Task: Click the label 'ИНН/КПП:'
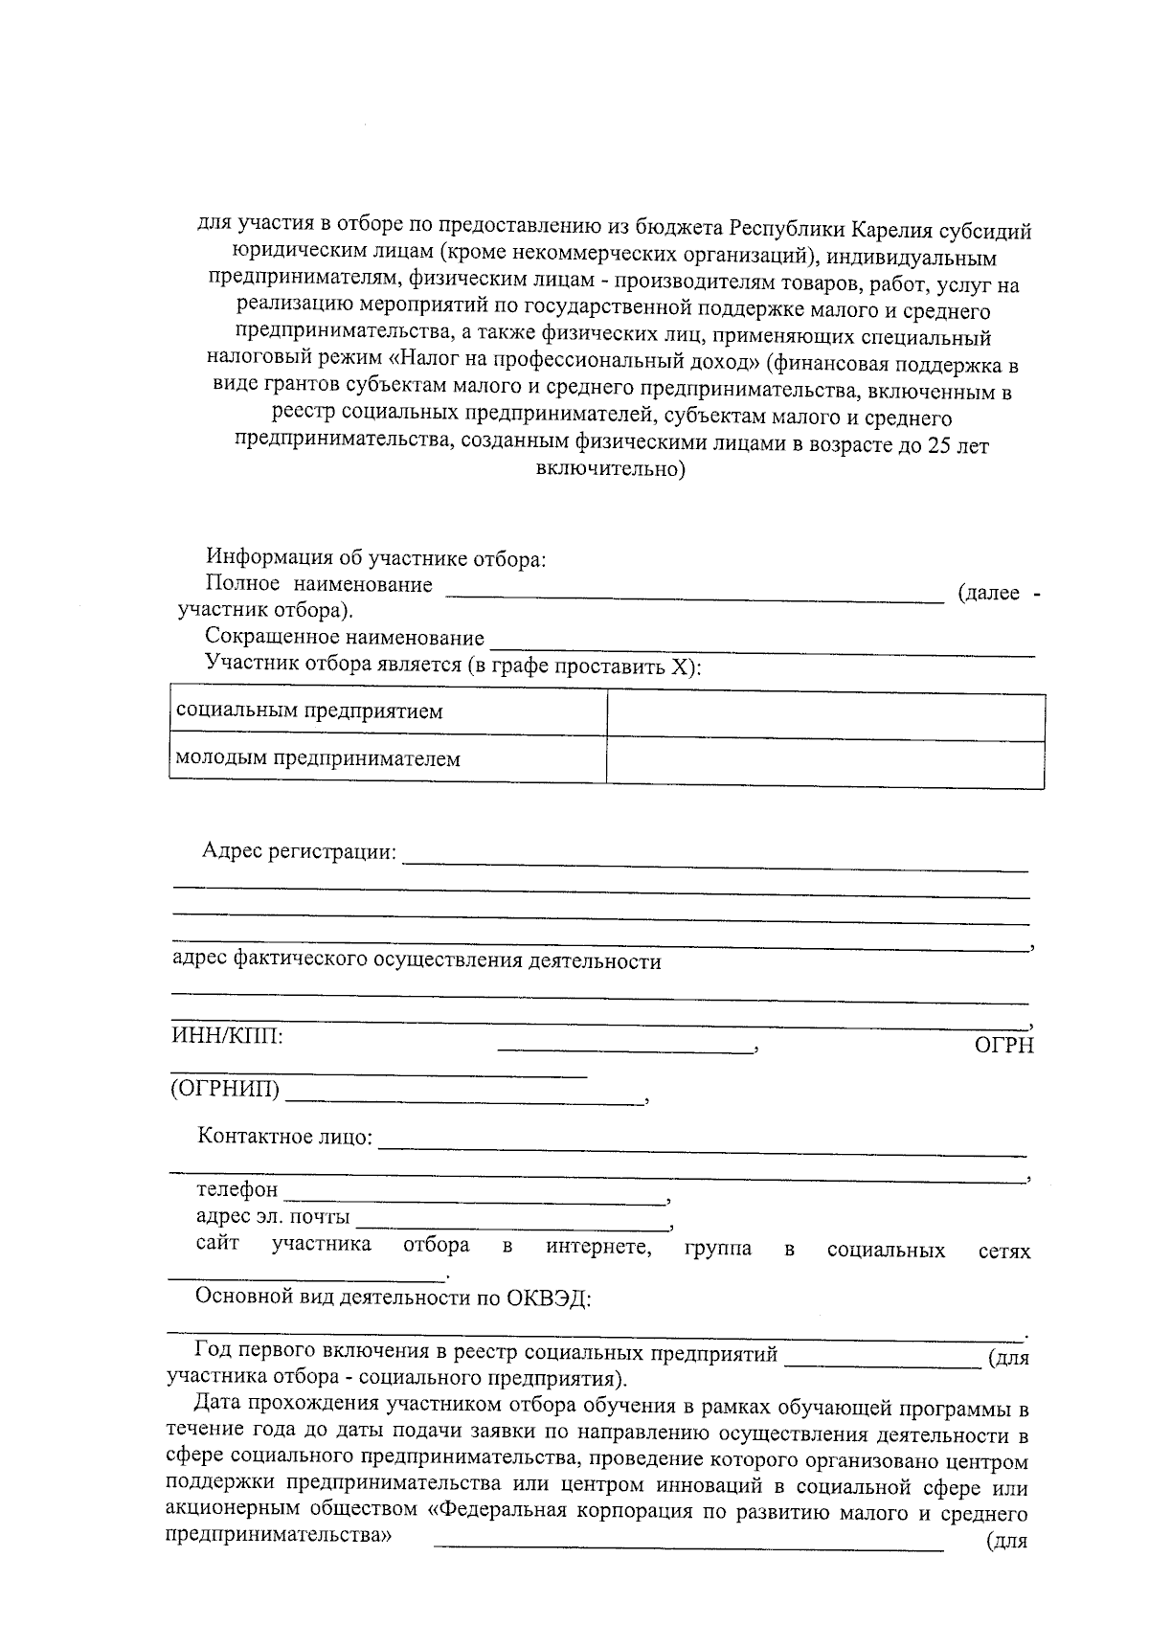click(227, 1036)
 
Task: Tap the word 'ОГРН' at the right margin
click(1003, 1046)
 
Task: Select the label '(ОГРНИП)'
click(225, 1089)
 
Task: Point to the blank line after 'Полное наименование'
click(695, 597)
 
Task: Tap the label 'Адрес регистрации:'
click(299, 851)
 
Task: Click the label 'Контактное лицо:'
click(285, 1137)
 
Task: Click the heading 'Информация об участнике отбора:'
click(375, 558)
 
